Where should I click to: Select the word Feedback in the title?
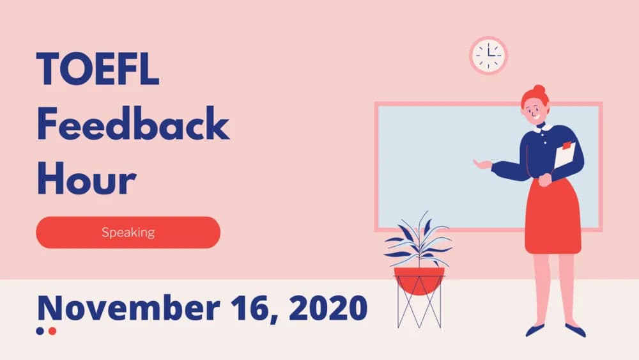pyautogui.click(x=132, y=125)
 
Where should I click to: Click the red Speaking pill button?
pyautogui.click(x=128, y=232)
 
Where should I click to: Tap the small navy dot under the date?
pyautogui.click(x=40, y=331)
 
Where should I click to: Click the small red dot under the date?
pyautogui.click(x=52, y=331)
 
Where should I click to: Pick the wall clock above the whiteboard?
pyautogui.click(x=489, y=55)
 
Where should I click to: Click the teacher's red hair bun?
pyautogui.click(x=539, y=90)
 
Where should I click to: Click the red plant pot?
pyautogui.click(x=419, y=279)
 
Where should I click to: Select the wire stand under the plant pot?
pyautogui.click(x=419, y=310)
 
